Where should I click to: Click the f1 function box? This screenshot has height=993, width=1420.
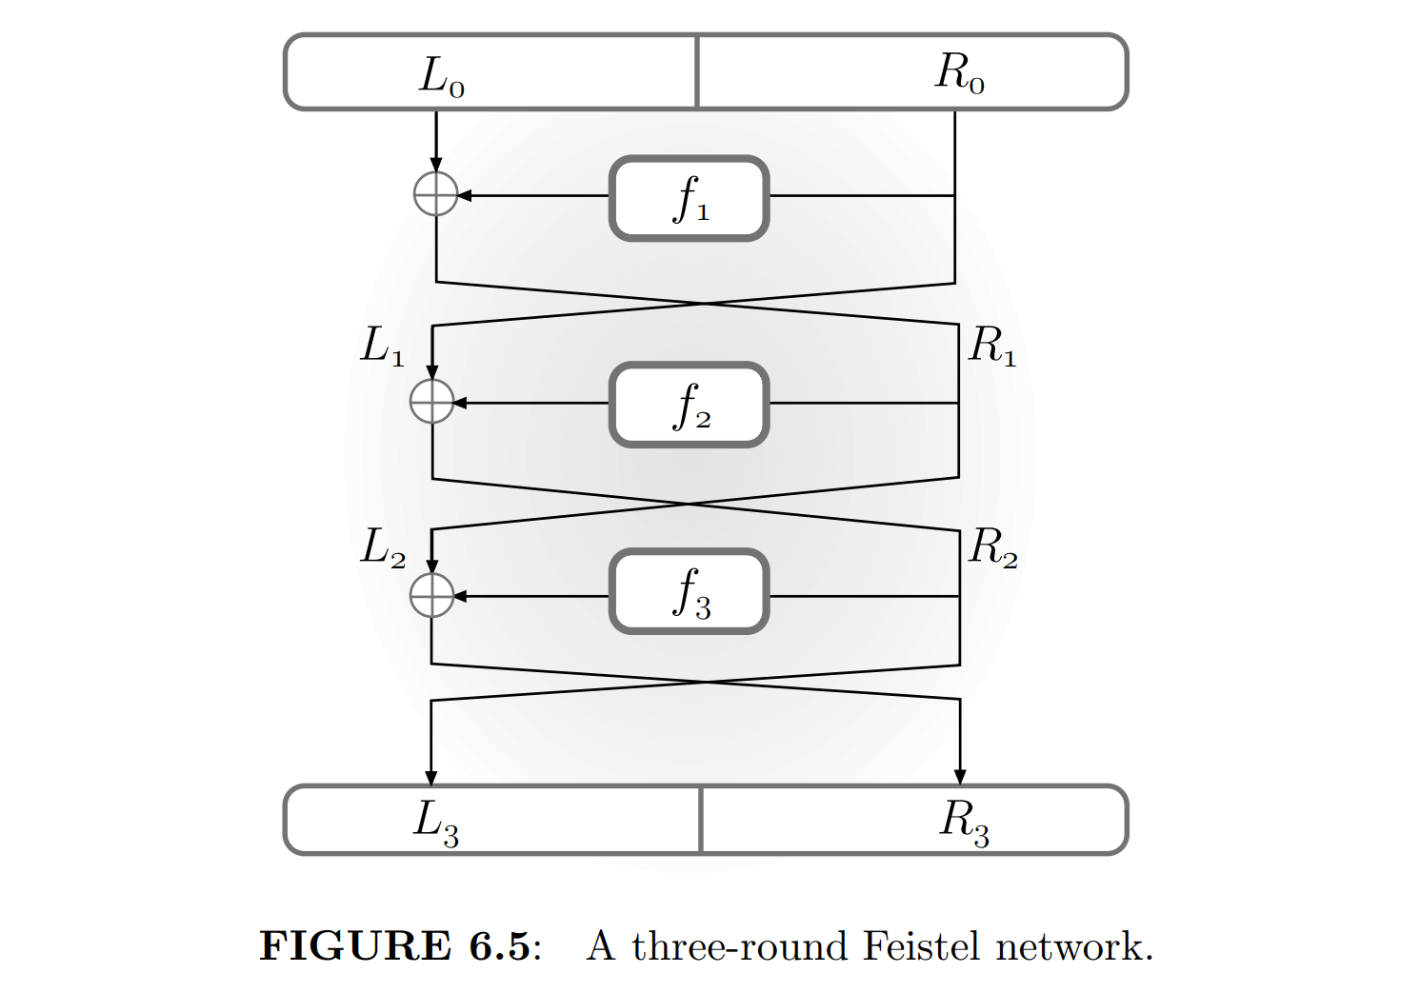pos(689,198)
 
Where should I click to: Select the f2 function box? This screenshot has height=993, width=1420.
pos(689,405)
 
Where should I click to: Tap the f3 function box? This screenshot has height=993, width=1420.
pos(689,591)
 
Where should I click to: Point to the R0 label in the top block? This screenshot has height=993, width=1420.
pos(959,73)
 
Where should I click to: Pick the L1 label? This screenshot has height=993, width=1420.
pos(383,346)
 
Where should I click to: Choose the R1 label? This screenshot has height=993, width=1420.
pos(992,346)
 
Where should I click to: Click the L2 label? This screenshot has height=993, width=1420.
pos(383,548)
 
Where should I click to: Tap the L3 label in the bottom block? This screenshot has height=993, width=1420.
pos(436,822)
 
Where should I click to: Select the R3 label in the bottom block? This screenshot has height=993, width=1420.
pos(965,822)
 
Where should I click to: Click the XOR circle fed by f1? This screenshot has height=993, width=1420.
pos(436,194)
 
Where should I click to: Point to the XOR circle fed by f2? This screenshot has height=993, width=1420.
pos(431,402)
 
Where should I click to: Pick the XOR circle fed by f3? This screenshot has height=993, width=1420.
pos(431,596)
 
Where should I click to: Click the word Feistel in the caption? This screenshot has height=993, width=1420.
pos(921,946)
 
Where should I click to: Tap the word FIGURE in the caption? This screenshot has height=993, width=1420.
pos(355,946)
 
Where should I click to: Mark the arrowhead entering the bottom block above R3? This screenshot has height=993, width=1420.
pos(960,777)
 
